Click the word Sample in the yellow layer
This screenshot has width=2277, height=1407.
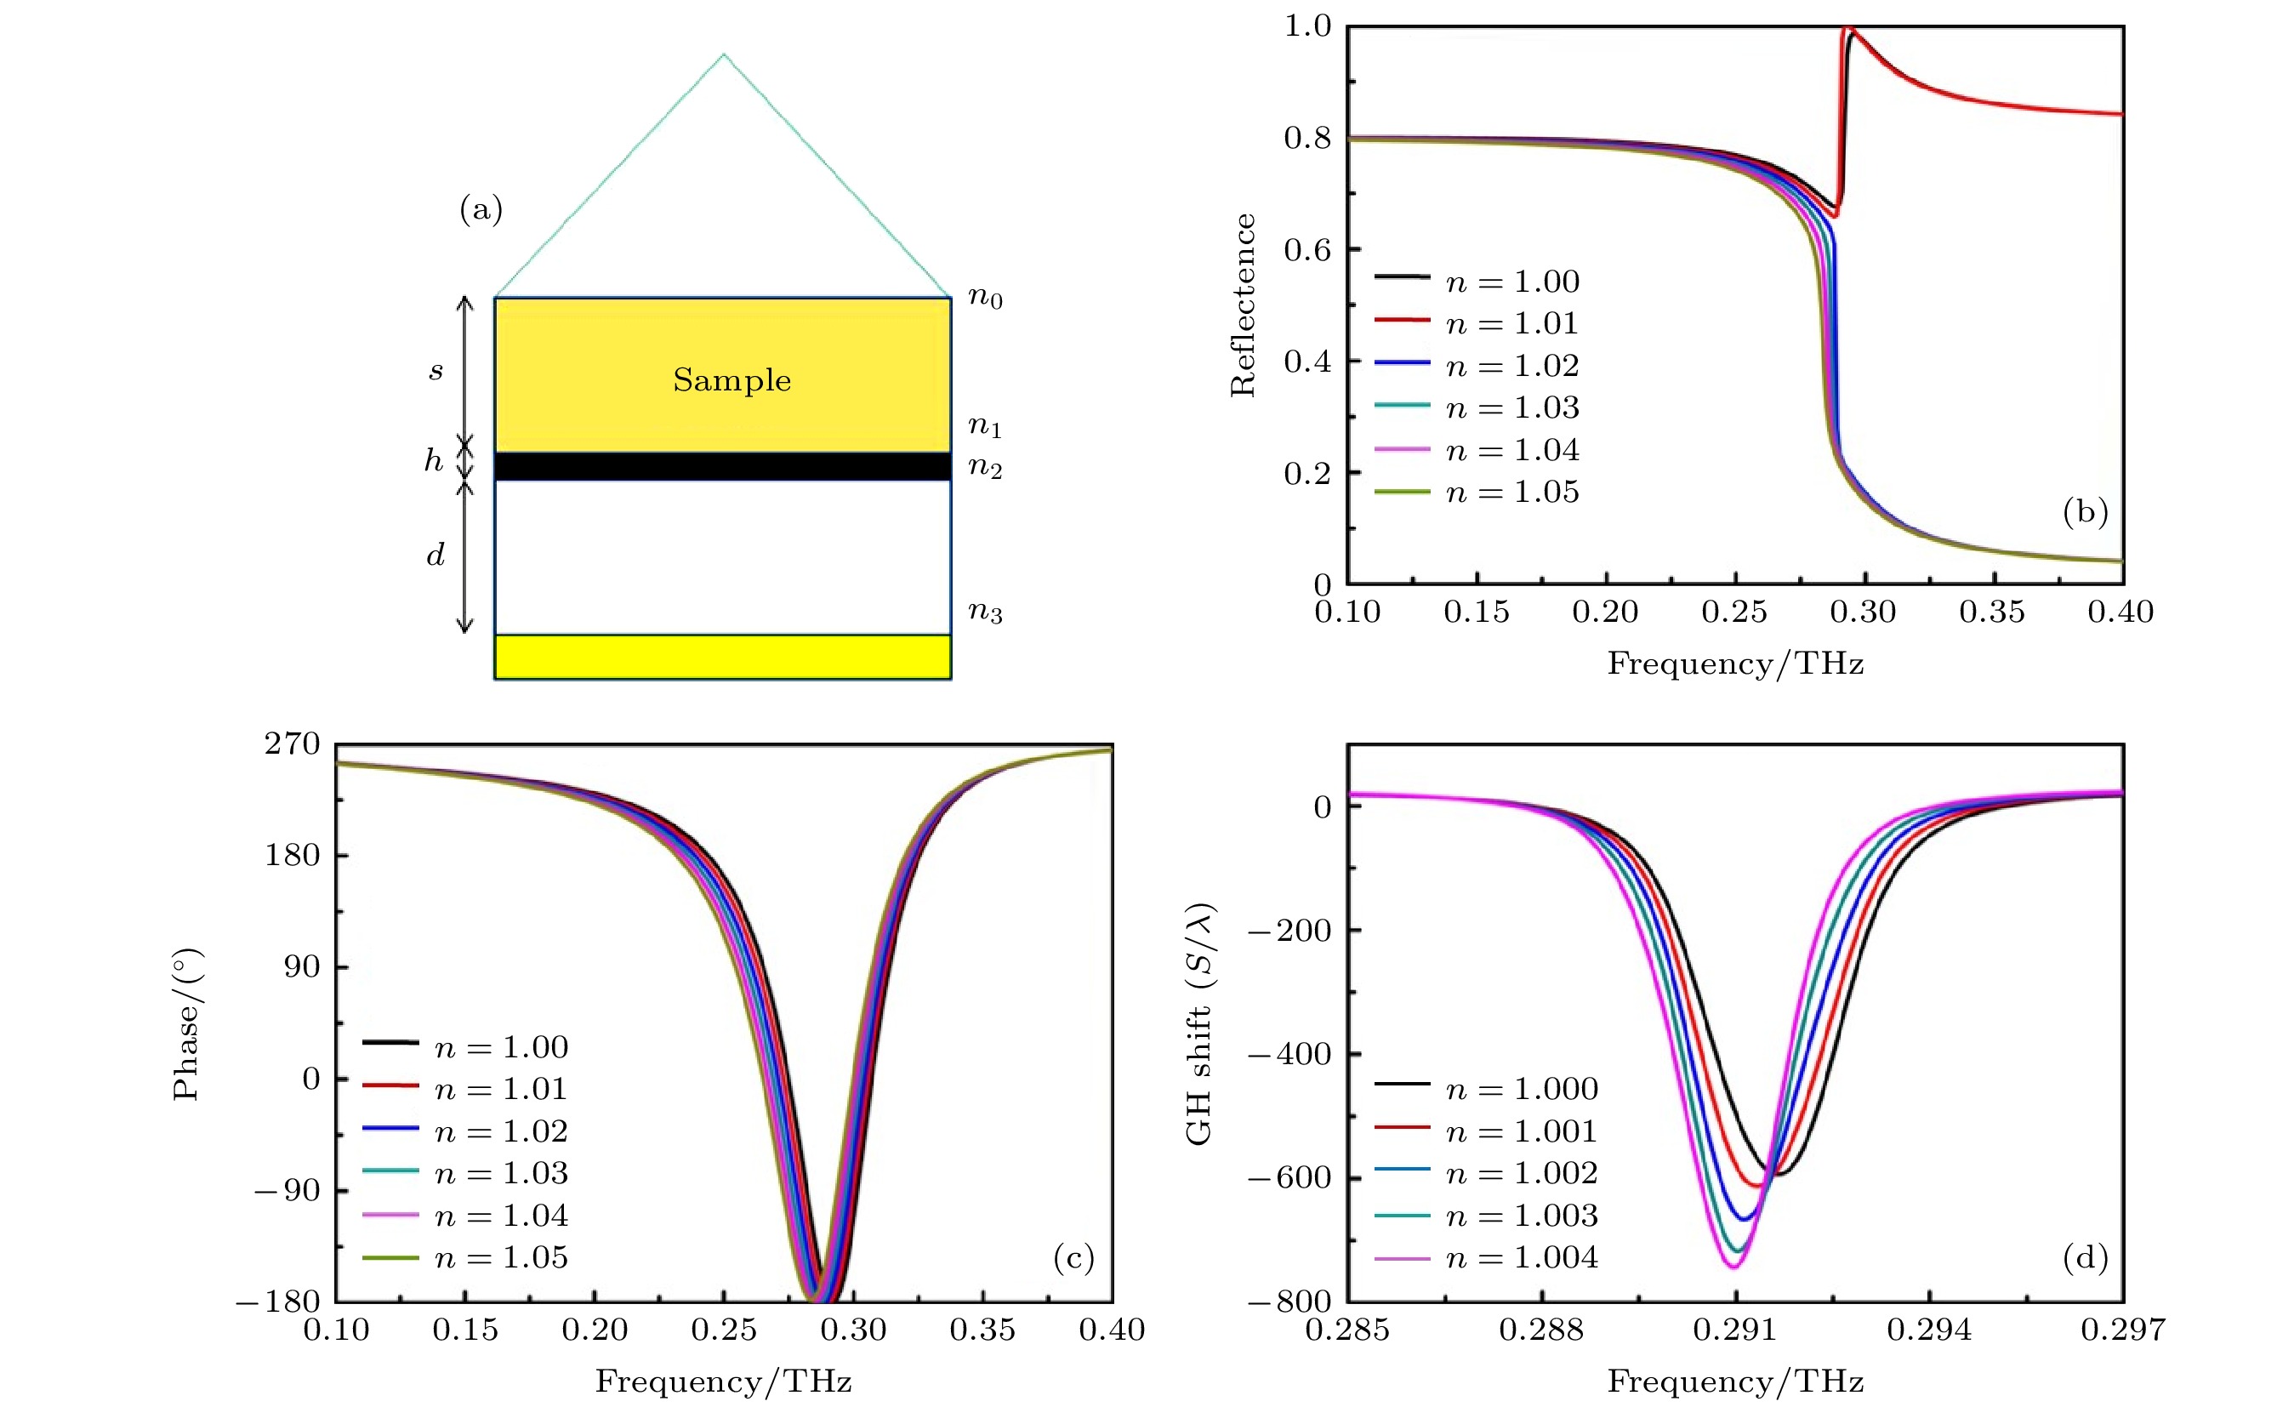point(731,379)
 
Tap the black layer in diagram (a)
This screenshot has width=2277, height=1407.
point(722,465)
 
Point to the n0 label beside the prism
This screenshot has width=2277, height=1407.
point(984,298)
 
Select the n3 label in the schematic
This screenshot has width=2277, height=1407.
point(984,612)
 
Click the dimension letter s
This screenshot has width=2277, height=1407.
point(435,371)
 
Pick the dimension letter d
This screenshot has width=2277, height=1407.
point(435,555)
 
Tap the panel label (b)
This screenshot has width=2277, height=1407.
point(2085,511)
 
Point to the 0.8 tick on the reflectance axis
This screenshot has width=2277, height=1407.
point(1307,138)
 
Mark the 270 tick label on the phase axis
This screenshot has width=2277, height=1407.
point(293,743)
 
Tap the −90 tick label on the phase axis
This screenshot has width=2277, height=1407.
point(287,1190)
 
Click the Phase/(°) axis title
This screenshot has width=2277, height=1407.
point(186,1023)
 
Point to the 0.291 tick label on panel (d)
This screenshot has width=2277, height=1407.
point(1734,1330)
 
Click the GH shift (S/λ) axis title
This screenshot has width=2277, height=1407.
point(1199,1023)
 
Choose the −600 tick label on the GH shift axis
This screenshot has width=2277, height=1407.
point(1290,1178)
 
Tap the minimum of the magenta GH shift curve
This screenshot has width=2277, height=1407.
point(1733,1267)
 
